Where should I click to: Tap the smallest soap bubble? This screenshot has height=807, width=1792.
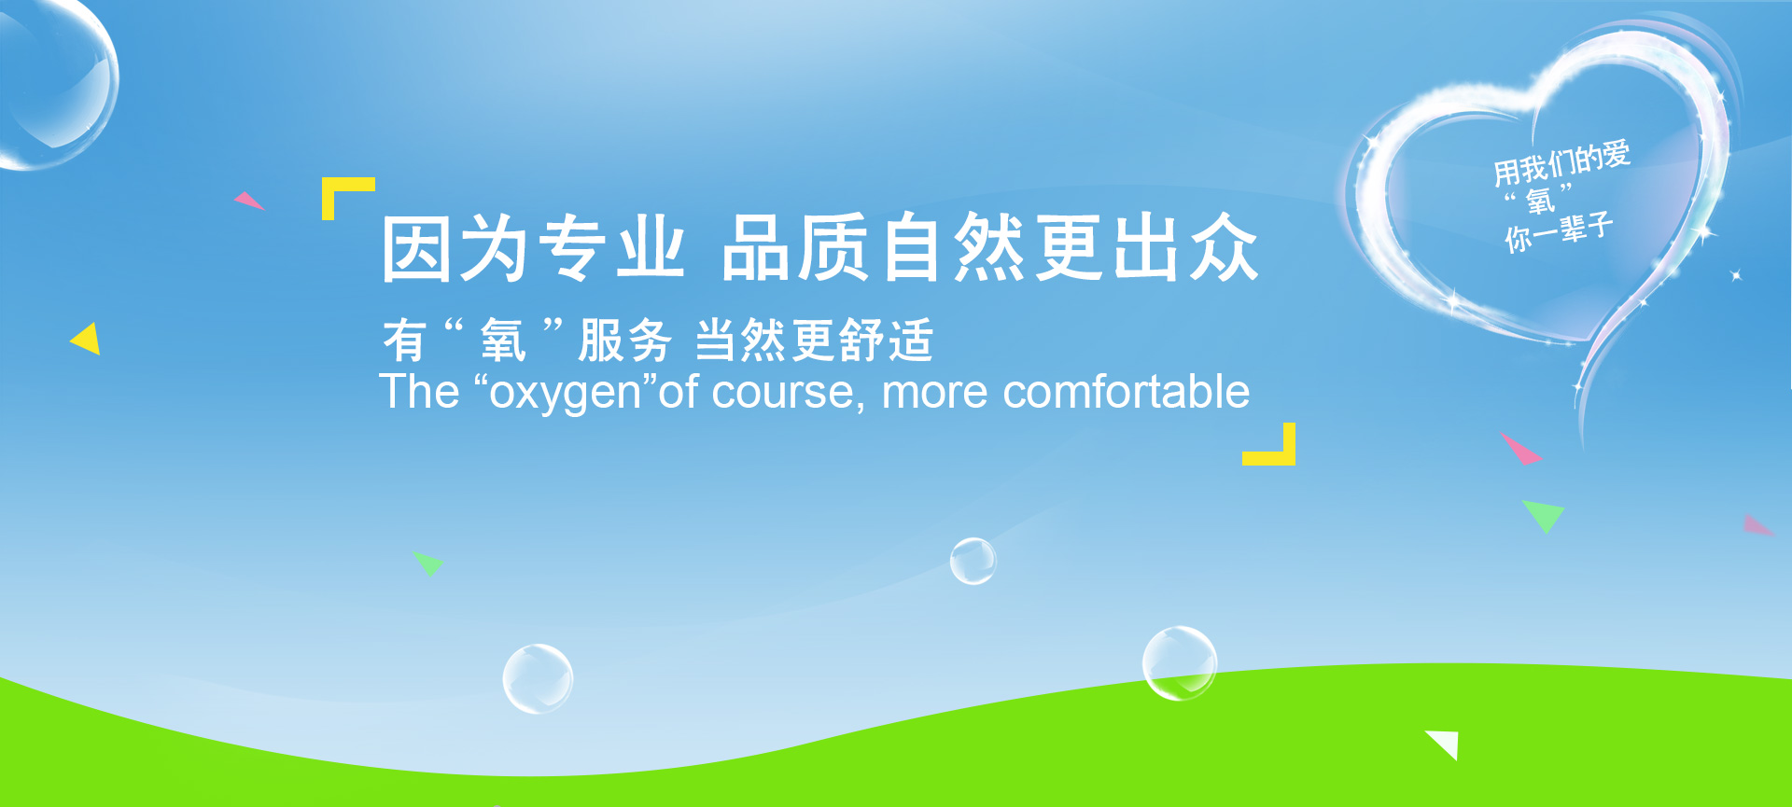(x=973, y=561)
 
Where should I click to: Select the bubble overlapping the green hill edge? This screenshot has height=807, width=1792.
(x=1180, y=663)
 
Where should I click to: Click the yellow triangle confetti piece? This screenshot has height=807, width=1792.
(x=86, y=339)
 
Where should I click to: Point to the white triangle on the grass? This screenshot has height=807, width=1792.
(x=1445, y=744)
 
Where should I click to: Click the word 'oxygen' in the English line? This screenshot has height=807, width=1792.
(x=566, y=393)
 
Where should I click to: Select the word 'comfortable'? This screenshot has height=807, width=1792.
(x=1126, y=391)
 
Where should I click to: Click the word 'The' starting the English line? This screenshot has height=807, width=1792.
(x=419, y=391)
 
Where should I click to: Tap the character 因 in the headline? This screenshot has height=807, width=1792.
(x=416, y=247)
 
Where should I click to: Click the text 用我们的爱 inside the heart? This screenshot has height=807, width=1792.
(x=1561, y=161)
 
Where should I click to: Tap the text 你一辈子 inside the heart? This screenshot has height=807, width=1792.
(x=1558, y=231)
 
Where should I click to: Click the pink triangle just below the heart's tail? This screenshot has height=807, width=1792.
(x=1520, y=448)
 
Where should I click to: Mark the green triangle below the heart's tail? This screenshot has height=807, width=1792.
(x=1544, y=515)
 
